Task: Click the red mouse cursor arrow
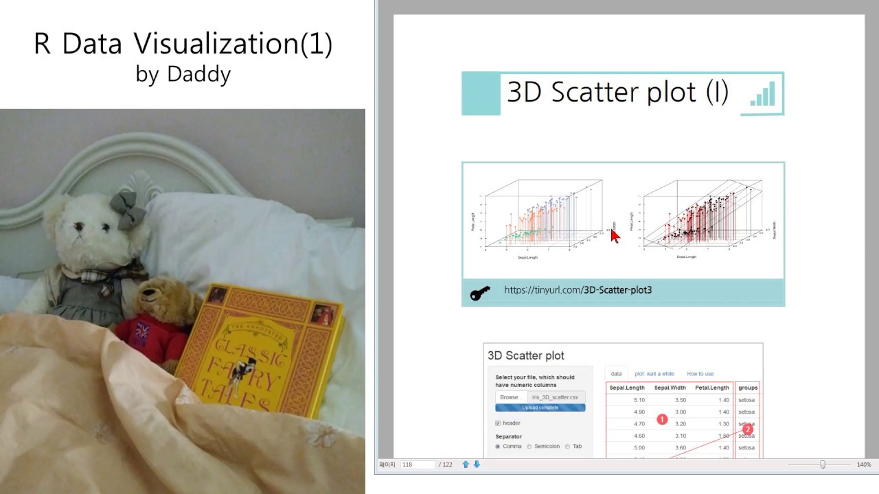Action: (615, 235)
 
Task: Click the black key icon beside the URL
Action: (480, 294)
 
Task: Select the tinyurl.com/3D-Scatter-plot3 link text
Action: (578, 290)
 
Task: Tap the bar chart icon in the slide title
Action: (762, 94)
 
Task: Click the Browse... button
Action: (510, 397)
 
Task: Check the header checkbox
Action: (498, 423)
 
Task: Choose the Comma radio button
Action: (498, 447)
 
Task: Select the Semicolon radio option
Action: (529, 447)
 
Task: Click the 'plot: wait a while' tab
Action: (654, 374)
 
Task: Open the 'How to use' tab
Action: (700, 374)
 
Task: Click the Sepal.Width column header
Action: (670, 388)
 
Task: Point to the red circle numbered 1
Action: (662, 419)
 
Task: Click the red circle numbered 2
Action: (747, 430)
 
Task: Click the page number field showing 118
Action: (418, 464)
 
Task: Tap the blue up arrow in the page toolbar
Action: (466, 464)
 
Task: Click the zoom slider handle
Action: (823, 464)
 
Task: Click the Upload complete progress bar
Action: (540, 408)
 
